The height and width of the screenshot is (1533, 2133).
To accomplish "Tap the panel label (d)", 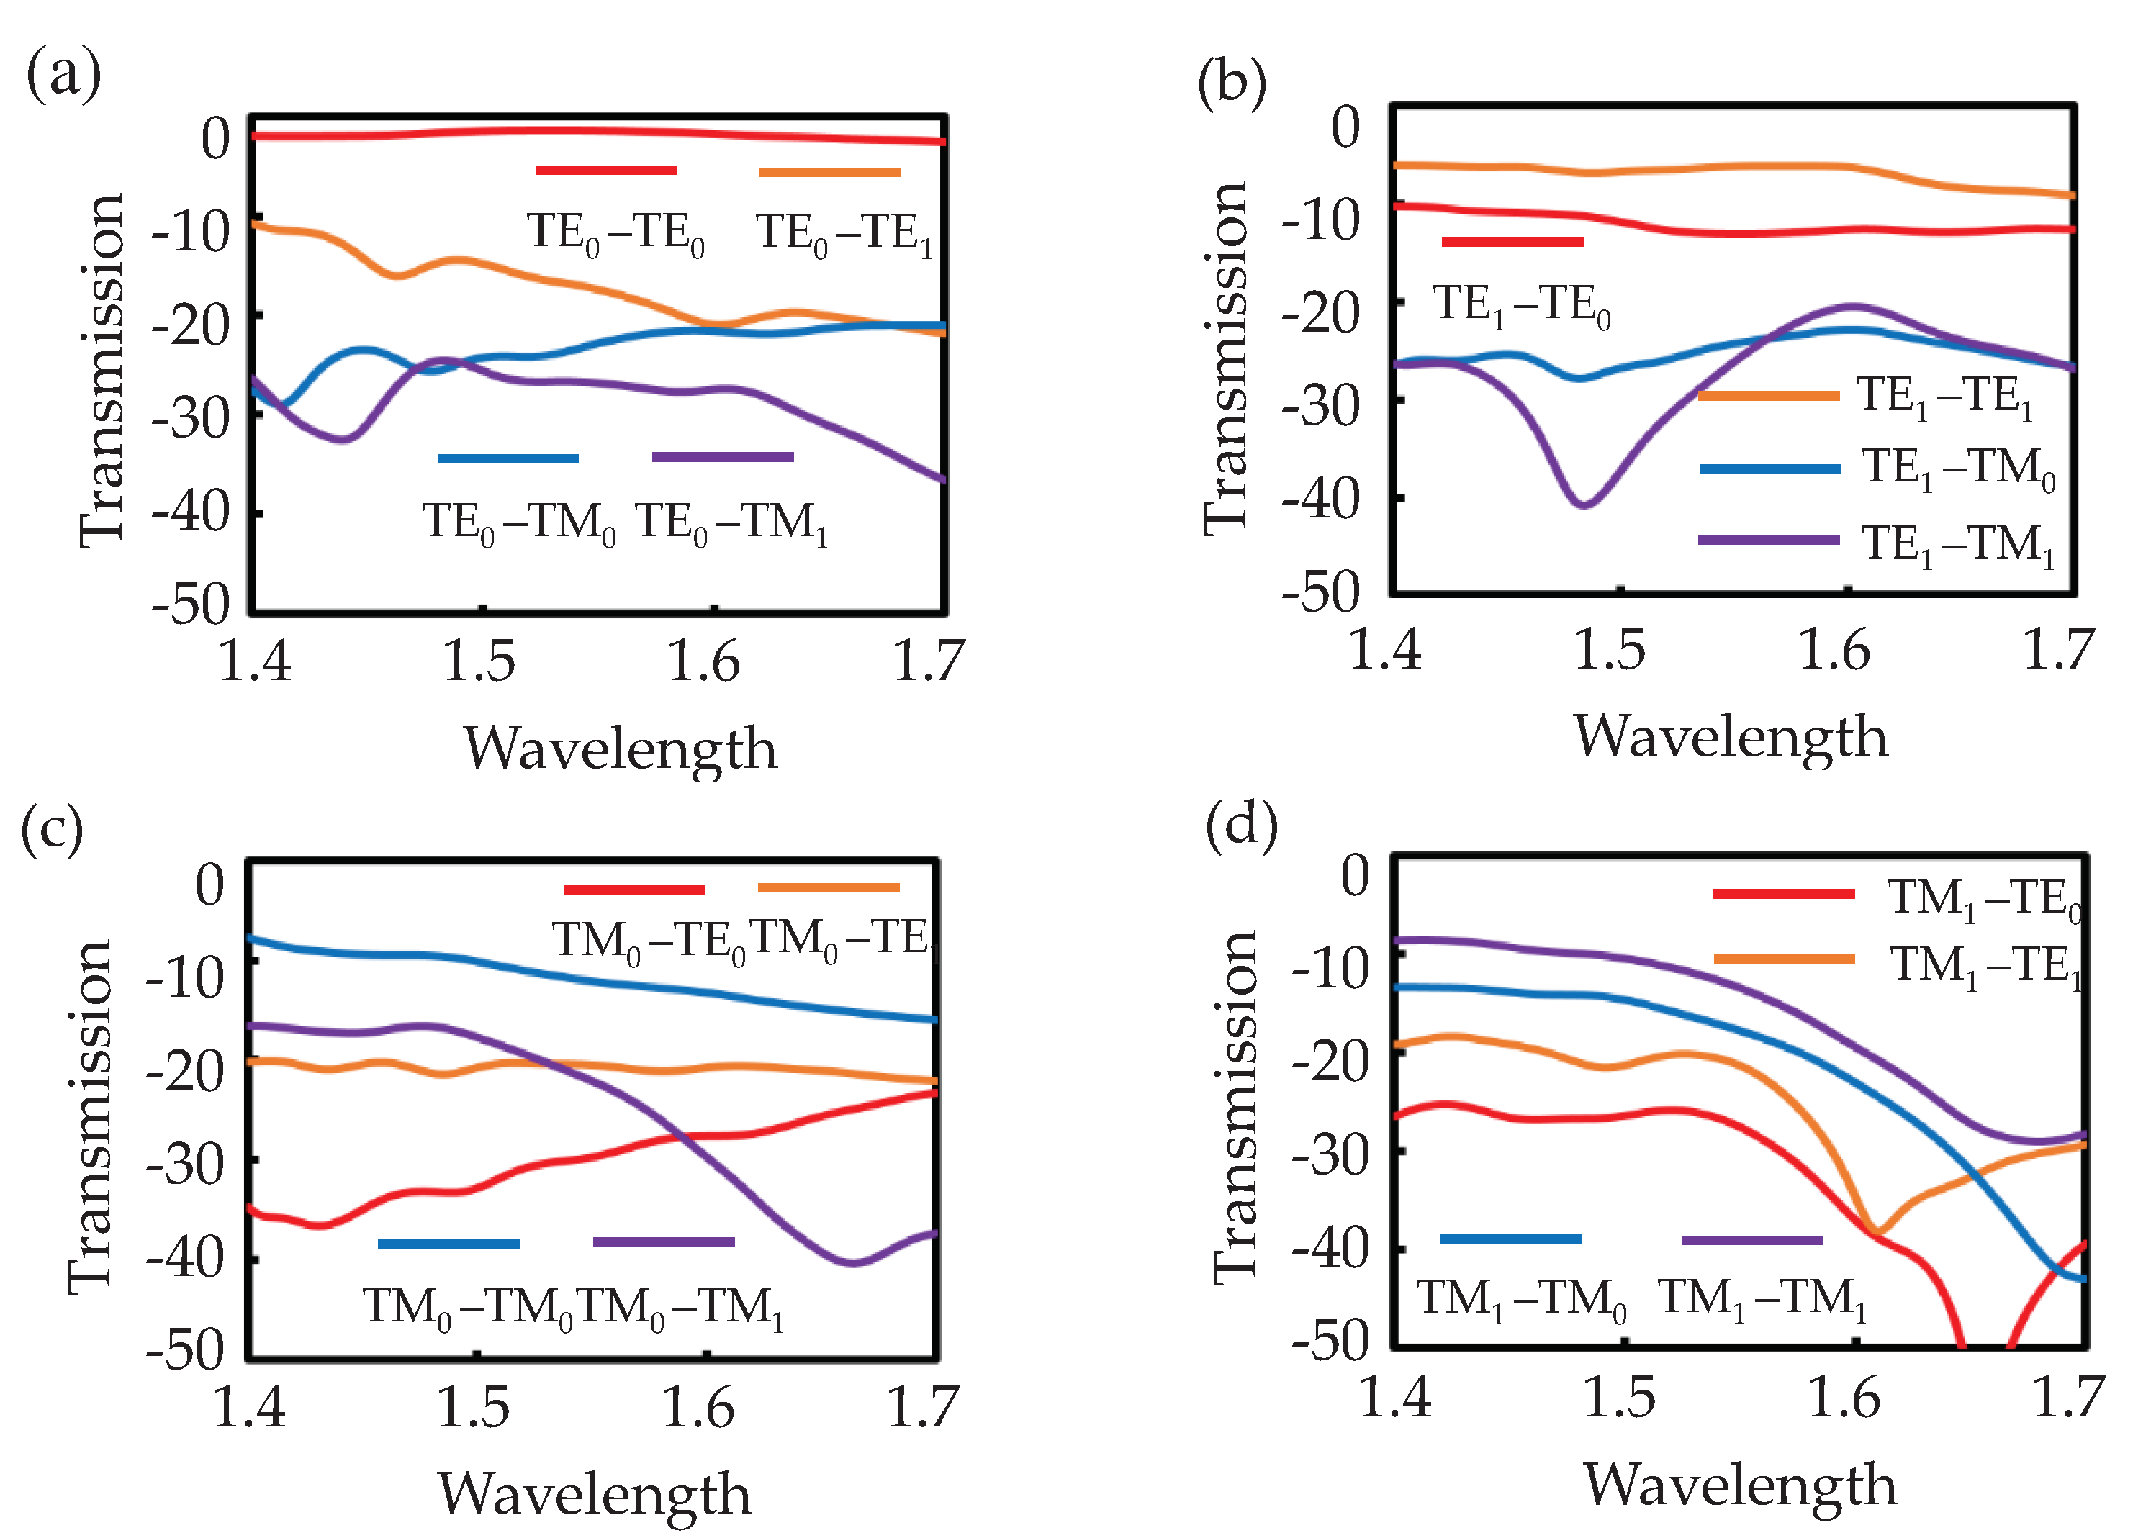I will (1241, 825).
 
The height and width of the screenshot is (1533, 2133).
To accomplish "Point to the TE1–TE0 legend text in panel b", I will (1522, 306).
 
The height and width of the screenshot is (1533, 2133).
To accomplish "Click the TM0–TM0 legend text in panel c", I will (467, 1307).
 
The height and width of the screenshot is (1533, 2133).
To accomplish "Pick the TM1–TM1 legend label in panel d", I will (1762, 1300).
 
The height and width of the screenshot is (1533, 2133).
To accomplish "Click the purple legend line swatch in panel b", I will (1768, 540).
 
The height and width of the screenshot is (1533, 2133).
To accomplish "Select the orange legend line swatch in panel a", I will (829, 172).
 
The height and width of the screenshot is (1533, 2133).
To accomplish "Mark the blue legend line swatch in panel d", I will (1510, 1239).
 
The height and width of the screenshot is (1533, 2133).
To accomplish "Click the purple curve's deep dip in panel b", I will (1584, 503).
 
